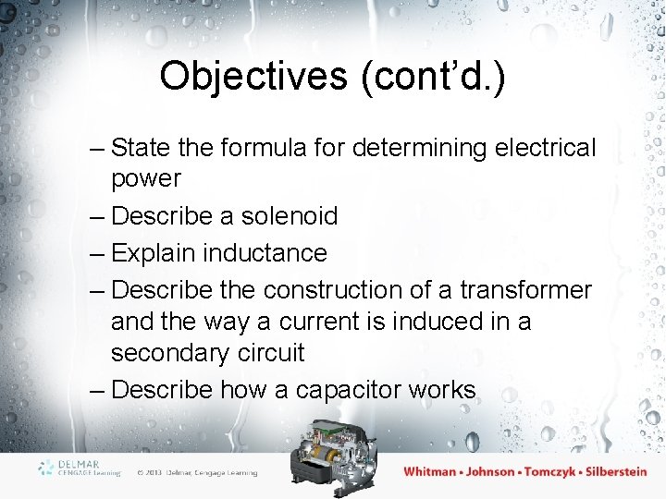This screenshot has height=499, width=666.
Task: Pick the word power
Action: [146, 177]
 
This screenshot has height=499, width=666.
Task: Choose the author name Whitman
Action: [430, 471]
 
